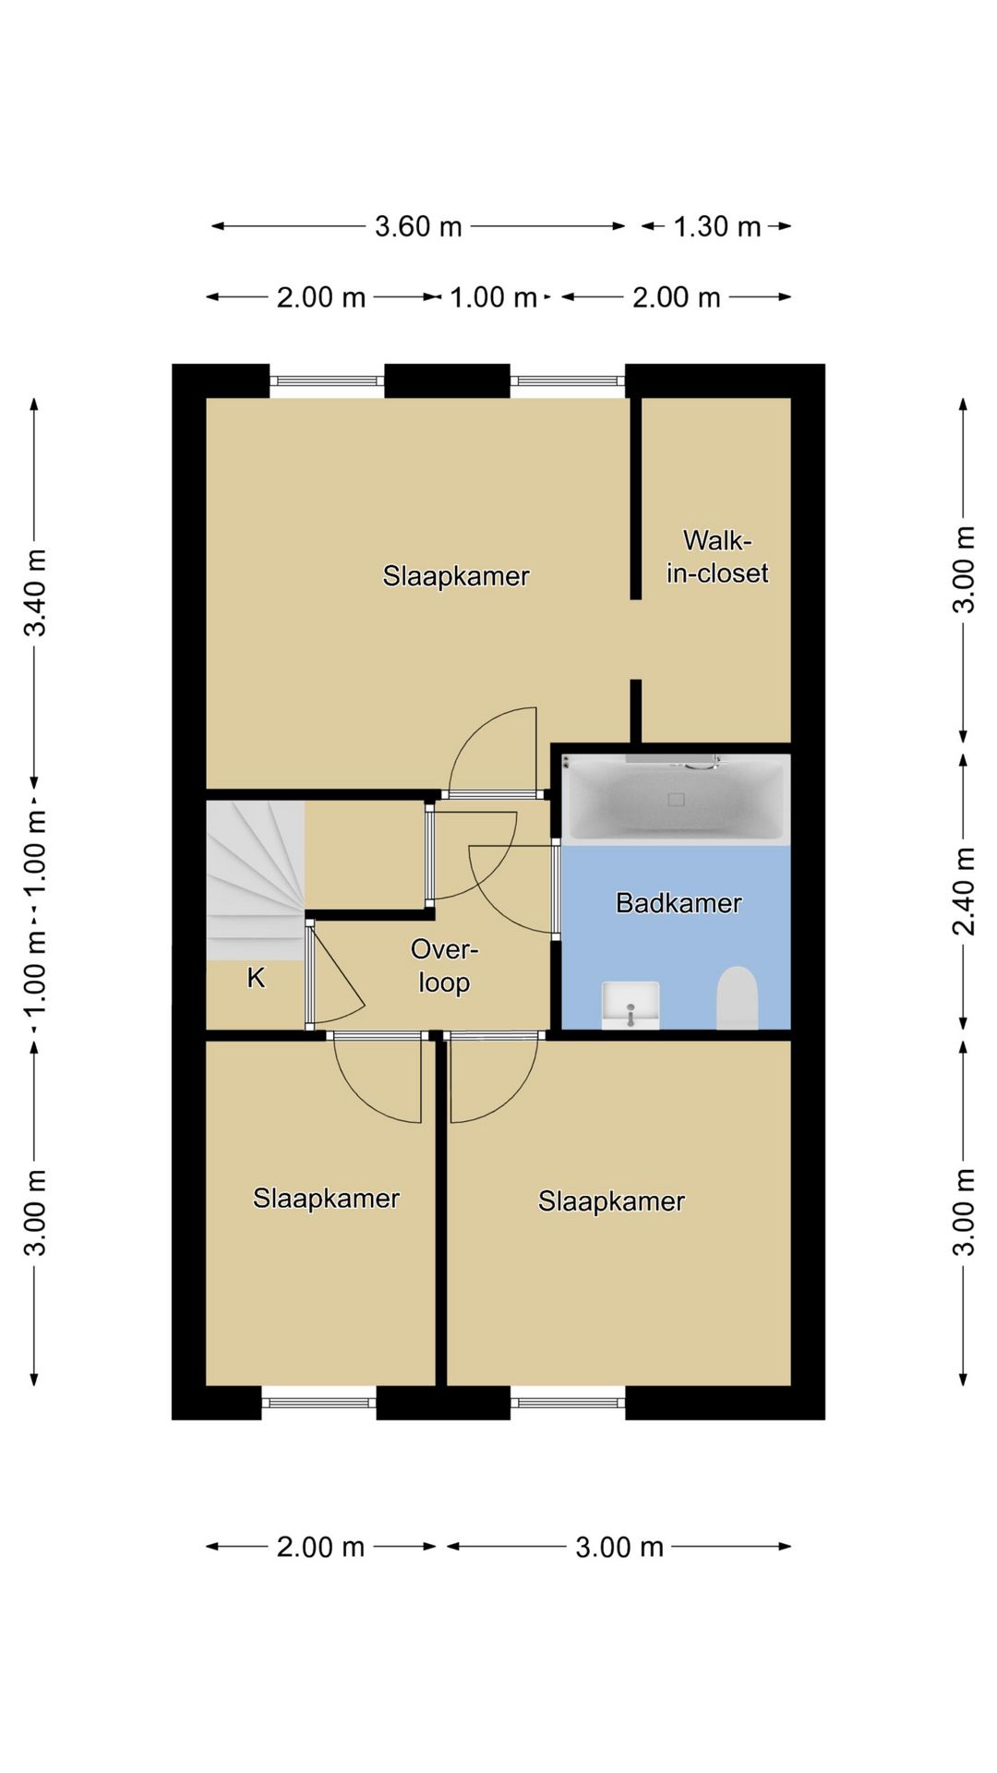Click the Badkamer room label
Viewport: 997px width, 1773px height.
click(679, 902)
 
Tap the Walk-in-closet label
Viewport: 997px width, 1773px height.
click(717, 556)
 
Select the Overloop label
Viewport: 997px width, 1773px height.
click(444, 966)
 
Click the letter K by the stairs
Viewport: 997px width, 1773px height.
click(256, 977)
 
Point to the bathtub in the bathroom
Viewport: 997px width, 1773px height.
click(676, 799)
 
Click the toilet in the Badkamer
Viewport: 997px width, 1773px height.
click(737, 997)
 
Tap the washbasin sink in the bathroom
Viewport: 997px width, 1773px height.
click(631, 1005)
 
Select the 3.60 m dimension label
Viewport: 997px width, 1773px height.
click(418, 226)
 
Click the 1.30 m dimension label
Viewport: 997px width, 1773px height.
click(717, 226)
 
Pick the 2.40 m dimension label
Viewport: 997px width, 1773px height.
click(963, 891)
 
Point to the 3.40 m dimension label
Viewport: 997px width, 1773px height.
click(35, 593)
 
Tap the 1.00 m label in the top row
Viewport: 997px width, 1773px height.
click(493, 297)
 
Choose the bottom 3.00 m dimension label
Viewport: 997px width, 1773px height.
click(619, 1547)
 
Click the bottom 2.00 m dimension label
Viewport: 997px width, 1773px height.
click(321, 1547)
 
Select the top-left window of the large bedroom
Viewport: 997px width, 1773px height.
click(327, 380)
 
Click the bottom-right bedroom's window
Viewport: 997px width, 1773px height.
click(568, 1403)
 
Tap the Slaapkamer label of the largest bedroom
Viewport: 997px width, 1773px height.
click(456, 576)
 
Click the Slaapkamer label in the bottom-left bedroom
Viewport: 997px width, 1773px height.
click(326, 1199)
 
